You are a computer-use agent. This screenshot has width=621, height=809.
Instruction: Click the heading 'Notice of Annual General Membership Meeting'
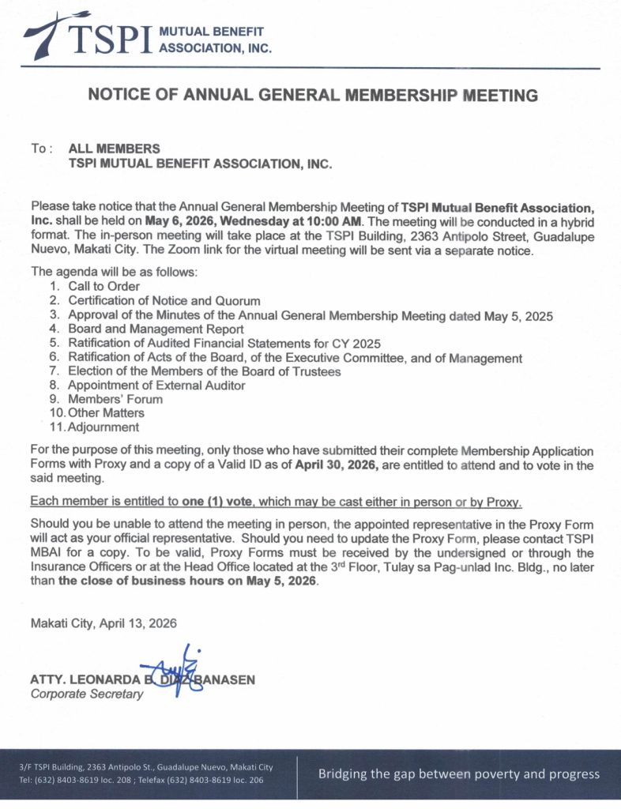313,96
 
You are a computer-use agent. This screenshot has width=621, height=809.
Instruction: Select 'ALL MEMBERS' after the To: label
115,149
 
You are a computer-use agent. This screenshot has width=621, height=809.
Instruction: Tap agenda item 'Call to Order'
103,286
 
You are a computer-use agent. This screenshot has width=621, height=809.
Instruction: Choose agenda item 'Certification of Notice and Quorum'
164,300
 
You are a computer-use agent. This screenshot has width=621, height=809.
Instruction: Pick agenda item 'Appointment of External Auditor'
156,386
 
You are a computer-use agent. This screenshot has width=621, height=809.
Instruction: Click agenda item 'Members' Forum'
115,400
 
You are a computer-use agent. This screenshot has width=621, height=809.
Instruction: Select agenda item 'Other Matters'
106,413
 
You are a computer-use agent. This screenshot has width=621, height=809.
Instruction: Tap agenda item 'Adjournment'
103,427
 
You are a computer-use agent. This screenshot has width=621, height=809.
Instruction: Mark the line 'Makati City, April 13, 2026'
103,623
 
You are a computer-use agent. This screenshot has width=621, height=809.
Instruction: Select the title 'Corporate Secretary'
87,694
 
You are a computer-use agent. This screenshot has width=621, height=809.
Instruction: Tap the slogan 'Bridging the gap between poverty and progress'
458,774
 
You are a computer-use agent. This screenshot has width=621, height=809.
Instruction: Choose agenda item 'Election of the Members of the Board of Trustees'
204,371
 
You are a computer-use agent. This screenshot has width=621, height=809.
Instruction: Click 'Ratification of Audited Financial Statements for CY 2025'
224,343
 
